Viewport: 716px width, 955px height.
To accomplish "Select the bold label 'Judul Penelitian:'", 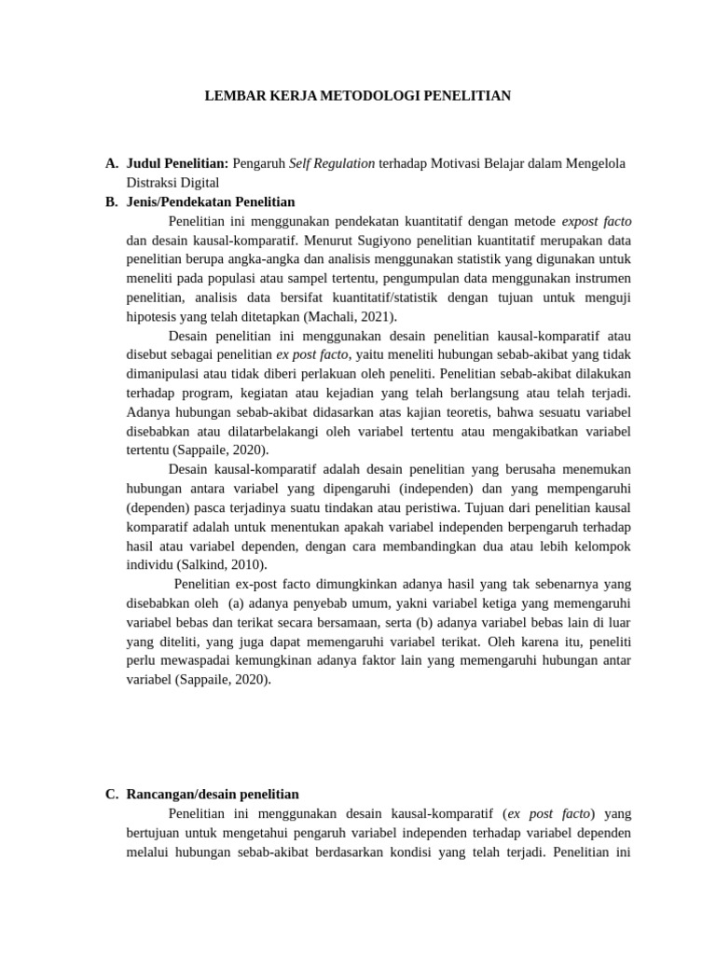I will click(x=177, y=164).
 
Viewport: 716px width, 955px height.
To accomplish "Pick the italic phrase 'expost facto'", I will click(x=597, y=221).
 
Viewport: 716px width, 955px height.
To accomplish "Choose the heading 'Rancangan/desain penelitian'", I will click(x=213, y=795).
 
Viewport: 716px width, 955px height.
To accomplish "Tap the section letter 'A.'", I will click(x=112, y=164).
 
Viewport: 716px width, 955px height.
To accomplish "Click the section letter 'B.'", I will click(x=112, y=201).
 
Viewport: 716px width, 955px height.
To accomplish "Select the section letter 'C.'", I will click(x=112, y=795).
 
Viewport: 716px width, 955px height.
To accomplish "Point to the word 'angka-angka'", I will click(x=253, y=259).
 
